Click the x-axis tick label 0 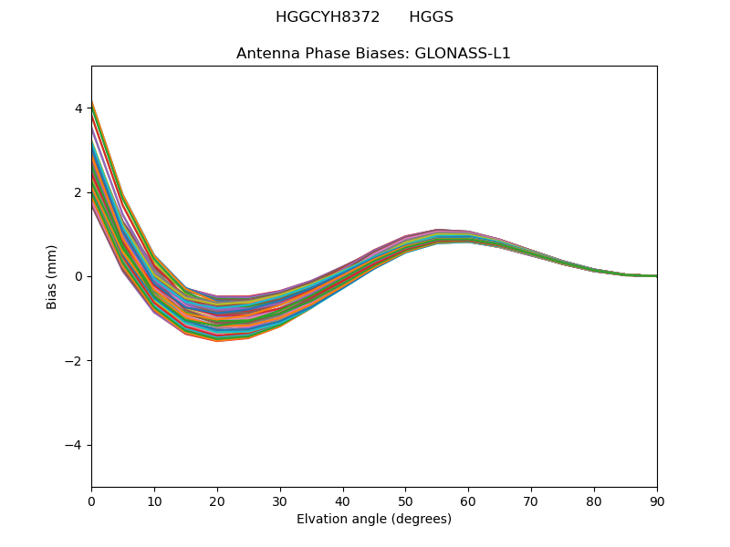(91, 501)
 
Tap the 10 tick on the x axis (154, 501)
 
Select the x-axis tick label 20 (217, 501)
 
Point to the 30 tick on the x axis (280, 501)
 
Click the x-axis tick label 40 (343, 501)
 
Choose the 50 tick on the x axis (405, 501)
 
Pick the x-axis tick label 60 (468, 501)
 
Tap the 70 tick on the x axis (531, 501)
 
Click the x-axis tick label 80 (594, 501)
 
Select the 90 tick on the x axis (657, 501)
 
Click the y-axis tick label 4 (78, 108)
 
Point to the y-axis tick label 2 (78, 192)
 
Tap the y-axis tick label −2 (75, 361)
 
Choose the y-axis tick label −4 (75, 445)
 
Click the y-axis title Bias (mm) (52, 276)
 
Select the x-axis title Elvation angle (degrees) (374, 519)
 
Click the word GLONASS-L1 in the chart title (463, 54)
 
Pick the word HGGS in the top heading (431, 17)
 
